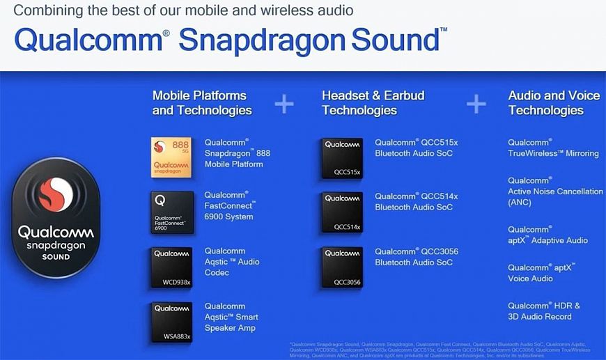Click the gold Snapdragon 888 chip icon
coord(172,157)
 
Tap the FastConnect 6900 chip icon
coord(172,212)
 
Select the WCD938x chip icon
coord(172,267)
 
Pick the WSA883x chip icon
coord(172,322)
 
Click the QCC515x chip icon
coord(342,157)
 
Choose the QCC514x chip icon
coord(342,212)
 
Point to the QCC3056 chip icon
coord(342,267)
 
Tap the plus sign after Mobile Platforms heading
coord(284,104)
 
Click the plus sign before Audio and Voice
coord(476,104)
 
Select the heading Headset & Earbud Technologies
coord(373,102)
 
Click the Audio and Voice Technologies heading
coord(554,102)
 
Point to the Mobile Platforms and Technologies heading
coord(202,102)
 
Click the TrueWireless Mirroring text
coord(553,148)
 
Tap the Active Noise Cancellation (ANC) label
coord(555,191)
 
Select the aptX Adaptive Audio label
coord(547,235)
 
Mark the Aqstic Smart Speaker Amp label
coord(231,317)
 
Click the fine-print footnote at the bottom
coord(446,349)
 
